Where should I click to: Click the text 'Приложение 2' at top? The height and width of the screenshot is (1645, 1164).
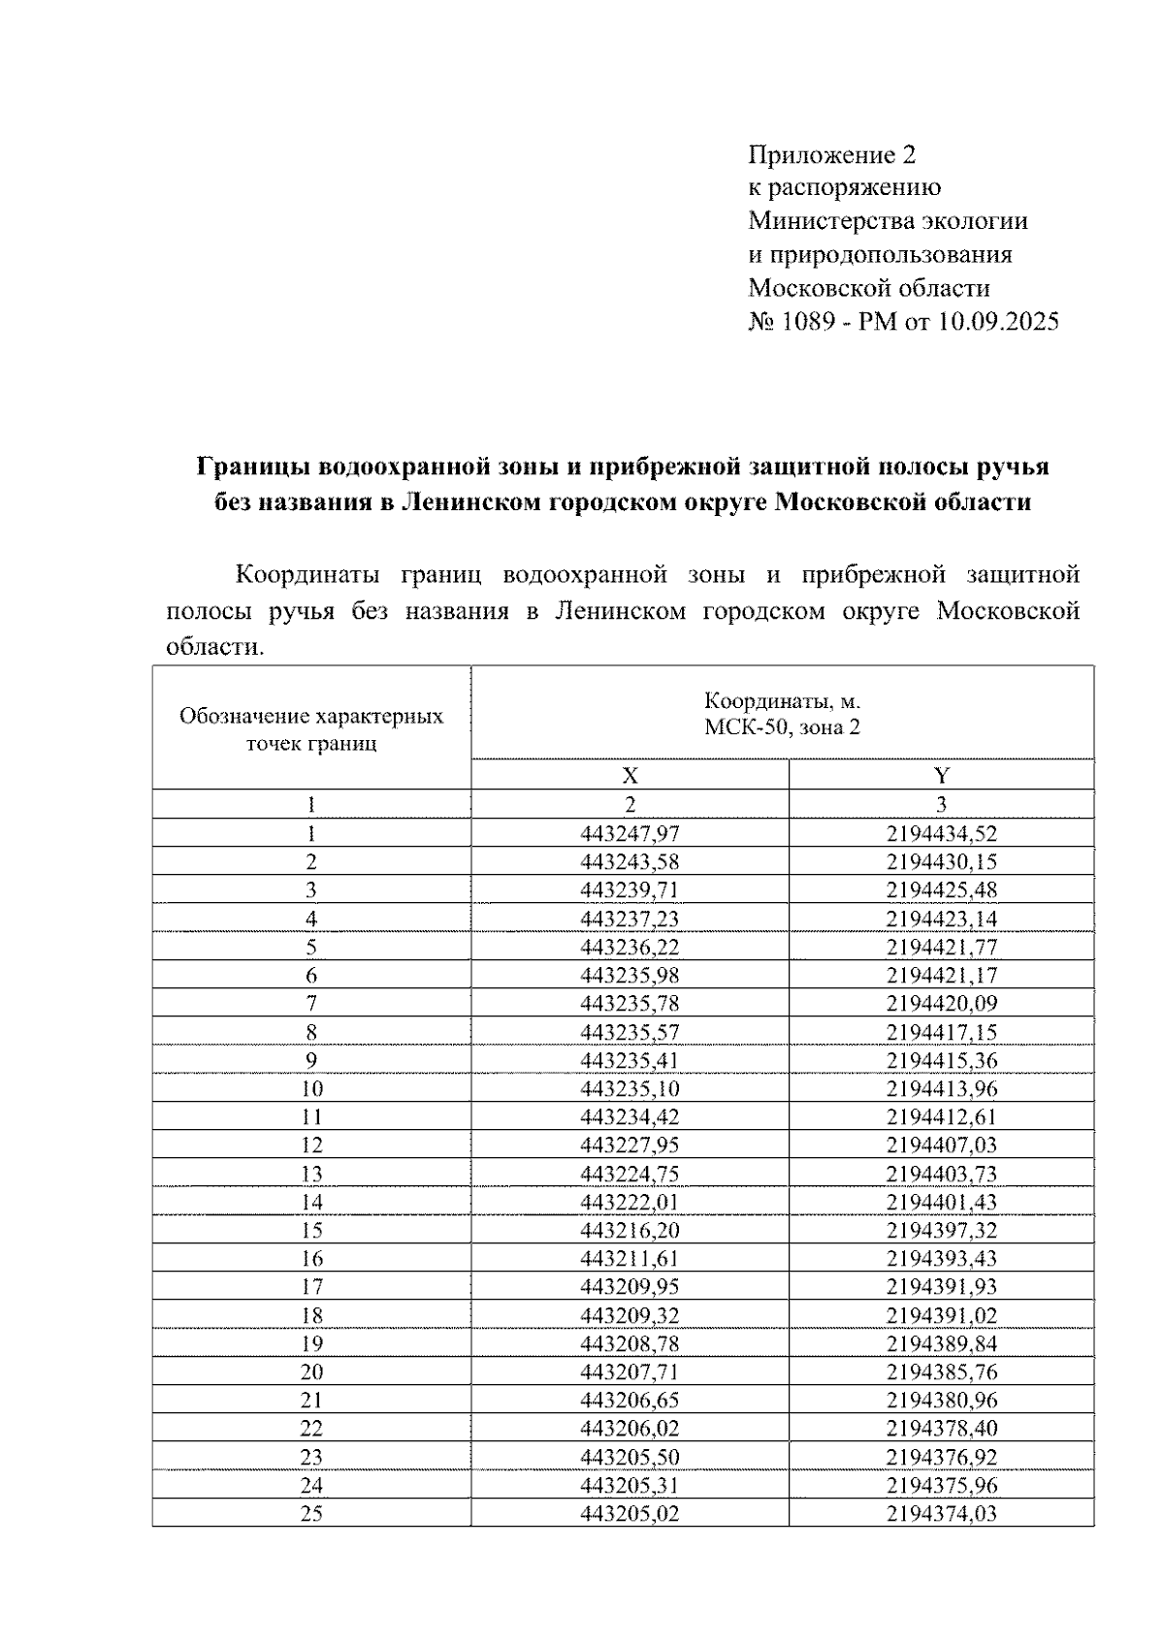pos(831,155)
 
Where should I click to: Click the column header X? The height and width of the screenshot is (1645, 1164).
pos(630,775)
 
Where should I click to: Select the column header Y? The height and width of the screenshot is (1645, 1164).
pos(941,775)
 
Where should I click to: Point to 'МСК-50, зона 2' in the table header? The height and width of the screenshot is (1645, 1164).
pos(782,727)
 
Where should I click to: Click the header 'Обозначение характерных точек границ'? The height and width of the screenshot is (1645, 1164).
pos(311,730)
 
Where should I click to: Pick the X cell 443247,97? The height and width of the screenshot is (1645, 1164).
pos(630,833)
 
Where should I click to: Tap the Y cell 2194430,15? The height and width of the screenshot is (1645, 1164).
pos(941,861)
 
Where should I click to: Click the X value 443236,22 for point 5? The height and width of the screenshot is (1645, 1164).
pos(630,947)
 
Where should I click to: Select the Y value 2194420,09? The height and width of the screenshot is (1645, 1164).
pos(941,1003)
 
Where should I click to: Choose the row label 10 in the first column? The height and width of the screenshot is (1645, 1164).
pos(311,1088)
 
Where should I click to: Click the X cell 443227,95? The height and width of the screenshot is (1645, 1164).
pos(630,1145)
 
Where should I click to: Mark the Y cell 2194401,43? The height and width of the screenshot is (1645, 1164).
pos(941,1202)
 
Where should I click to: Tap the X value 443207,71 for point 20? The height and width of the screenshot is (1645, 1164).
pos(630,1371)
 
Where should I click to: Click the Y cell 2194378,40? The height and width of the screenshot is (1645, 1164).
pos(941,1428)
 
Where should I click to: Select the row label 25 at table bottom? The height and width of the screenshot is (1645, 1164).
pos(311,1513)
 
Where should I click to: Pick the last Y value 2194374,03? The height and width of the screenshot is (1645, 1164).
pos(941,1513)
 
